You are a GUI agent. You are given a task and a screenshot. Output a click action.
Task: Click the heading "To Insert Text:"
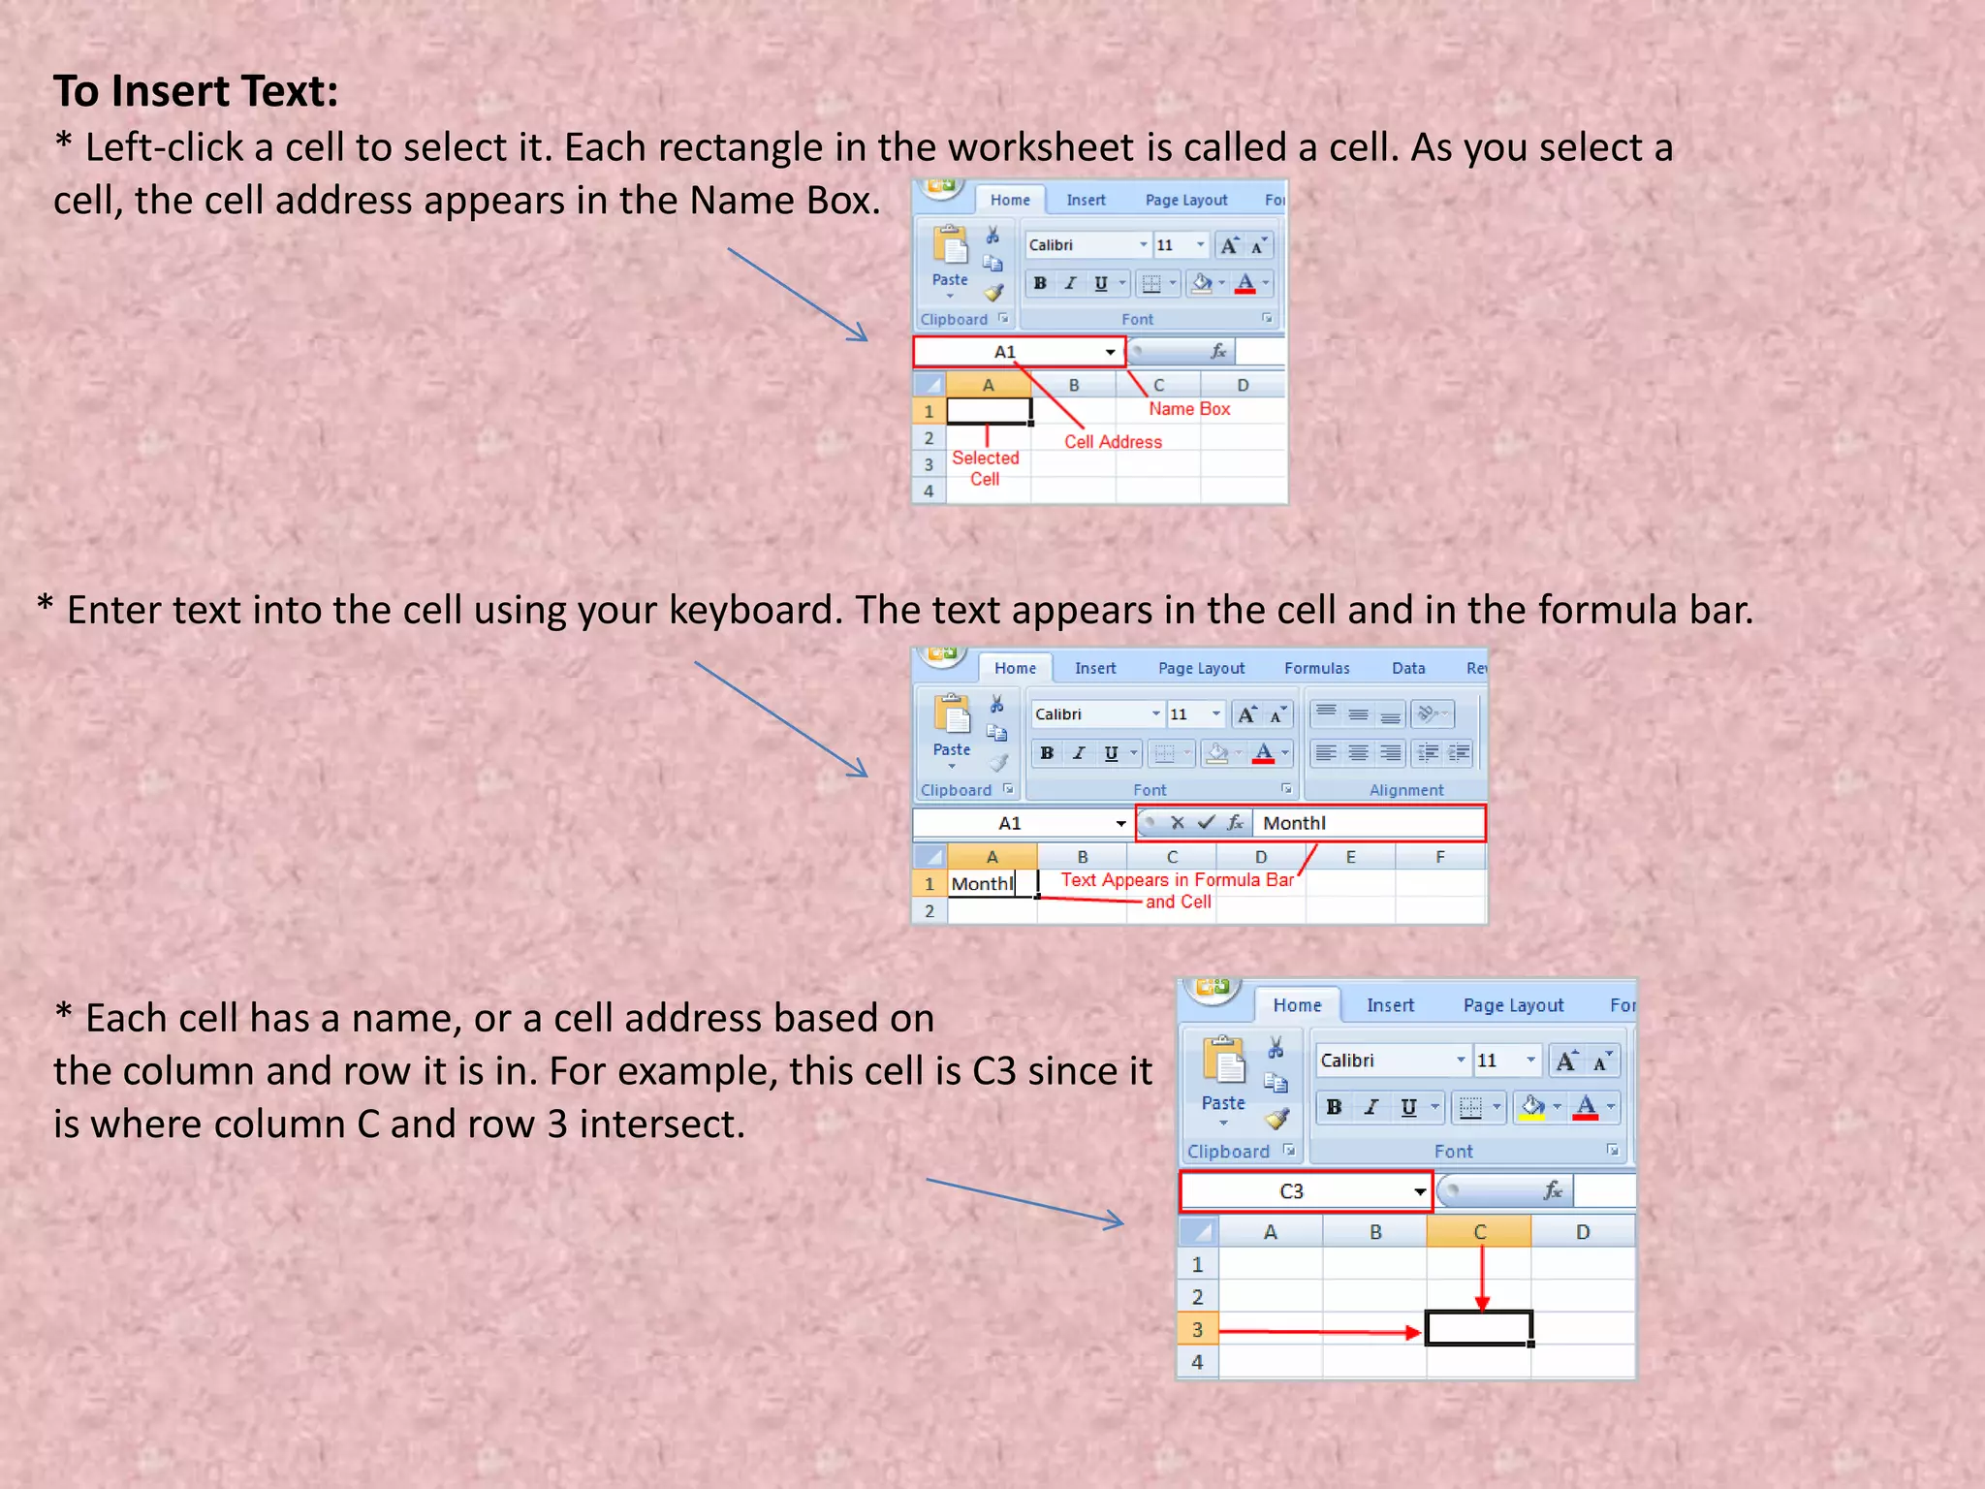(196, 91)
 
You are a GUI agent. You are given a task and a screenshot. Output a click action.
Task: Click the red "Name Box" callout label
(1189, 409)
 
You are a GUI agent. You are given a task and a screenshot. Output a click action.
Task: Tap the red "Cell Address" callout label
(1113, 442)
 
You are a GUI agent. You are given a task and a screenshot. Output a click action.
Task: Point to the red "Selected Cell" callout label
(985, 468)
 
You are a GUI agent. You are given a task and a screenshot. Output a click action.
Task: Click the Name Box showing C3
(1305, 1191)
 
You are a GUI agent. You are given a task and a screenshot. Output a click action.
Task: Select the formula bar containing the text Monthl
(1367, 823)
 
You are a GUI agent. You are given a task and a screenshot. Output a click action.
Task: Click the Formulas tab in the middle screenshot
(1316, 668)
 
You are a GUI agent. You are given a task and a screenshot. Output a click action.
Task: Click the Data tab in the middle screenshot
(1408, 668)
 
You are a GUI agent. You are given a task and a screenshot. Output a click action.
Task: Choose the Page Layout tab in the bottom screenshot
(1513, 1005)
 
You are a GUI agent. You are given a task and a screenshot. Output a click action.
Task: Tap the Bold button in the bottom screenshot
(1334, 1107)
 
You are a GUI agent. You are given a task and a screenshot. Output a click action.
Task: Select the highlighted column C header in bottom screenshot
(1479, 1232)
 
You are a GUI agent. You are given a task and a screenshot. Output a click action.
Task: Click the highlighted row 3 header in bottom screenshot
(1198, 1329)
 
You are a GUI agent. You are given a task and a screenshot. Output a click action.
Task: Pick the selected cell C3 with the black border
(1479, 1328)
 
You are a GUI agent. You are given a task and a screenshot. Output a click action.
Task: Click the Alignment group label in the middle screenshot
(1406, 790)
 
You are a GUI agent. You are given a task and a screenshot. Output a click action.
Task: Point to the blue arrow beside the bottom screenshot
(1024, 1203)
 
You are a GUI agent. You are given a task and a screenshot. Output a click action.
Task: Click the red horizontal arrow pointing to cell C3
(1319, 1333)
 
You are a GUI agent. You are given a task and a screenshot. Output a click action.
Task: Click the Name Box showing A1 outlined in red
(1018, 352)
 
